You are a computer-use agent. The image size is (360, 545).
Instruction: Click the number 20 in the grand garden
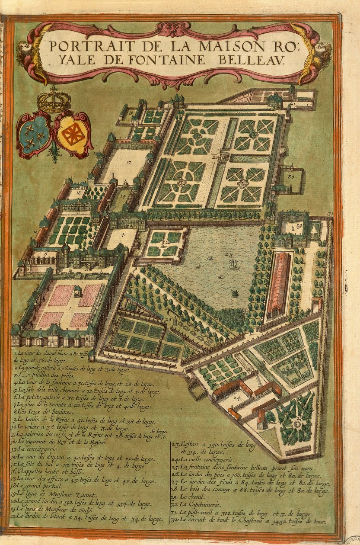215,158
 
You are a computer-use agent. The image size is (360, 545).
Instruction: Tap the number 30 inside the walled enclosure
291,176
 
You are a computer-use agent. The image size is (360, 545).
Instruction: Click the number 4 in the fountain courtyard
123,235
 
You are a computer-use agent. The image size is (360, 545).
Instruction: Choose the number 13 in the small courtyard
79,193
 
